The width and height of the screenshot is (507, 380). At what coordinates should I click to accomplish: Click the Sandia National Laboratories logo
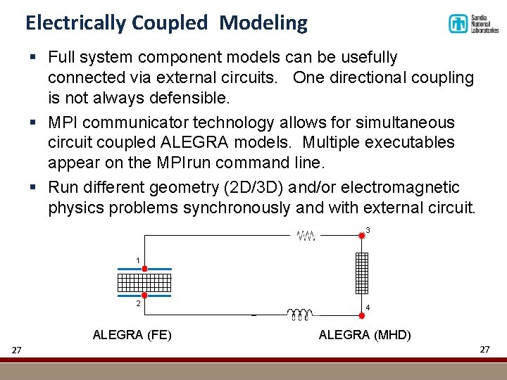(473, 24)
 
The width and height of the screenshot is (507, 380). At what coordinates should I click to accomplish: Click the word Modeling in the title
(263, 23)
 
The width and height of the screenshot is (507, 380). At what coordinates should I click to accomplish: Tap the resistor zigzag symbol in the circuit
(306, 236)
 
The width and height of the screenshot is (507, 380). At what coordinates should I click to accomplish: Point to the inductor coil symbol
(299, 314)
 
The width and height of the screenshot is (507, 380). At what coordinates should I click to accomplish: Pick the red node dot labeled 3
(362, 236)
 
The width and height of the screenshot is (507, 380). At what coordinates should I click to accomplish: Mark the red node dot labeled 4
(362, 298)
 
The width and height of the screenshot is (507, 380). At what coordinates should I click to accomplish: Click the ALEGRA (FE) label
(132, 334)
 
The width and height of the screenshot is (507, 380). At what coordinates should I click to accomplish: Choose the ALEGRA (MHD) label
(365, 334)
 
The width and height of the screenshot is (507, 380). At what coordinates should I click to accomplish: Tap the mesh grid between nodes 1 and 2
(144, 282)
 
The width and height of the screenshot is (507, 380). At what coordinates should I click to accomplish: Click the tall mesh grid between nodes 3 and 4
(362, 273)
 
